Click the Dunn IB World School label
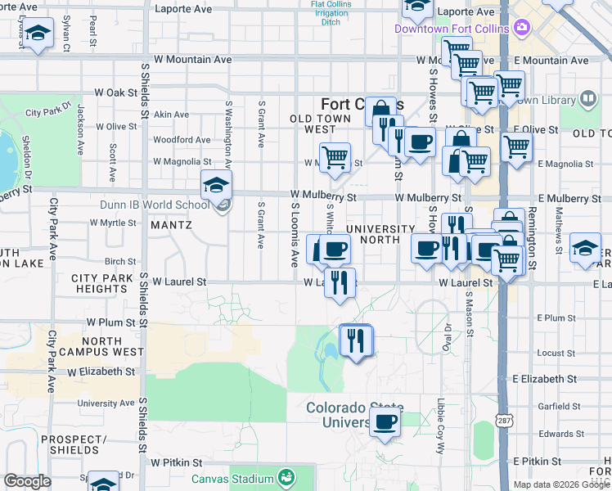(154, 205)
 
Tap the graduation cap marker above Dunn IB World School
(216, 186)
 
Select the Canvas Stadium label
(232, 479)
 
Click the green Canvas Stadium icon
(286, 477)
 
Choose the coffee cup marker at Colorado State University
(385, 423)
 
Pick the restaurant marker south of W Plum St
(355, 340)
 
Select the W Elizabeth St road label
(101, 372)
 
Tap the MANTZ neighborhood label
(171, 225)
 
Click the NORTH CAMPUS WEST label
(113, 346)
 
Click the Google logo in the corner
(27, 481)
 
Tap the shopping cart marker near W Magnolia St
(335, 156)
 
